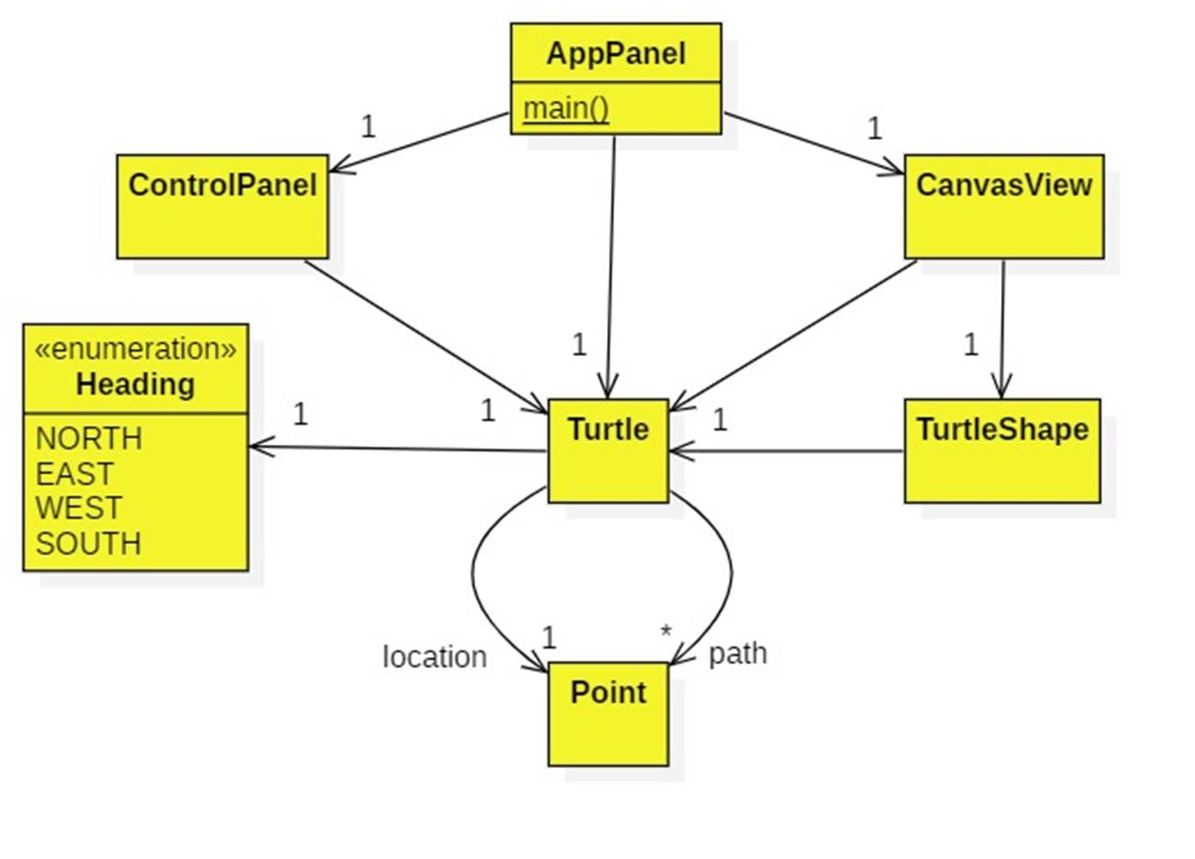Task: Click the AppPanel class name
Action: tap(616, 54)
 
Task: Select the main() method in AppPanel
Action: tap(566, 108)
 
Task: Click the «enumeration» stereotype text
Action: tap(136, 348)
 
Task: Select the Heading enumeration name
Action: tap(136, 384)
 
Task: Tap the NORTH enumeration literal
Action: tap(88, 439)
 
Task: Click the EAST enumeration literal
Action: tap(75, 474)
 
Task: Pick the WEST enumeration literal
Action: tap(79, 508)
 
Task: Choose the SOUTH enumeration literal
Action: tap(88, 543)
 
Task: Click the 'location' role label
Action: tap(434, 656)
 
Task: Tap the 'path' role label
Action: tap(738, 653)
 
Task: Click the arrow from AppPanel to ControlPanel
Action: tap(419, 142)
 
